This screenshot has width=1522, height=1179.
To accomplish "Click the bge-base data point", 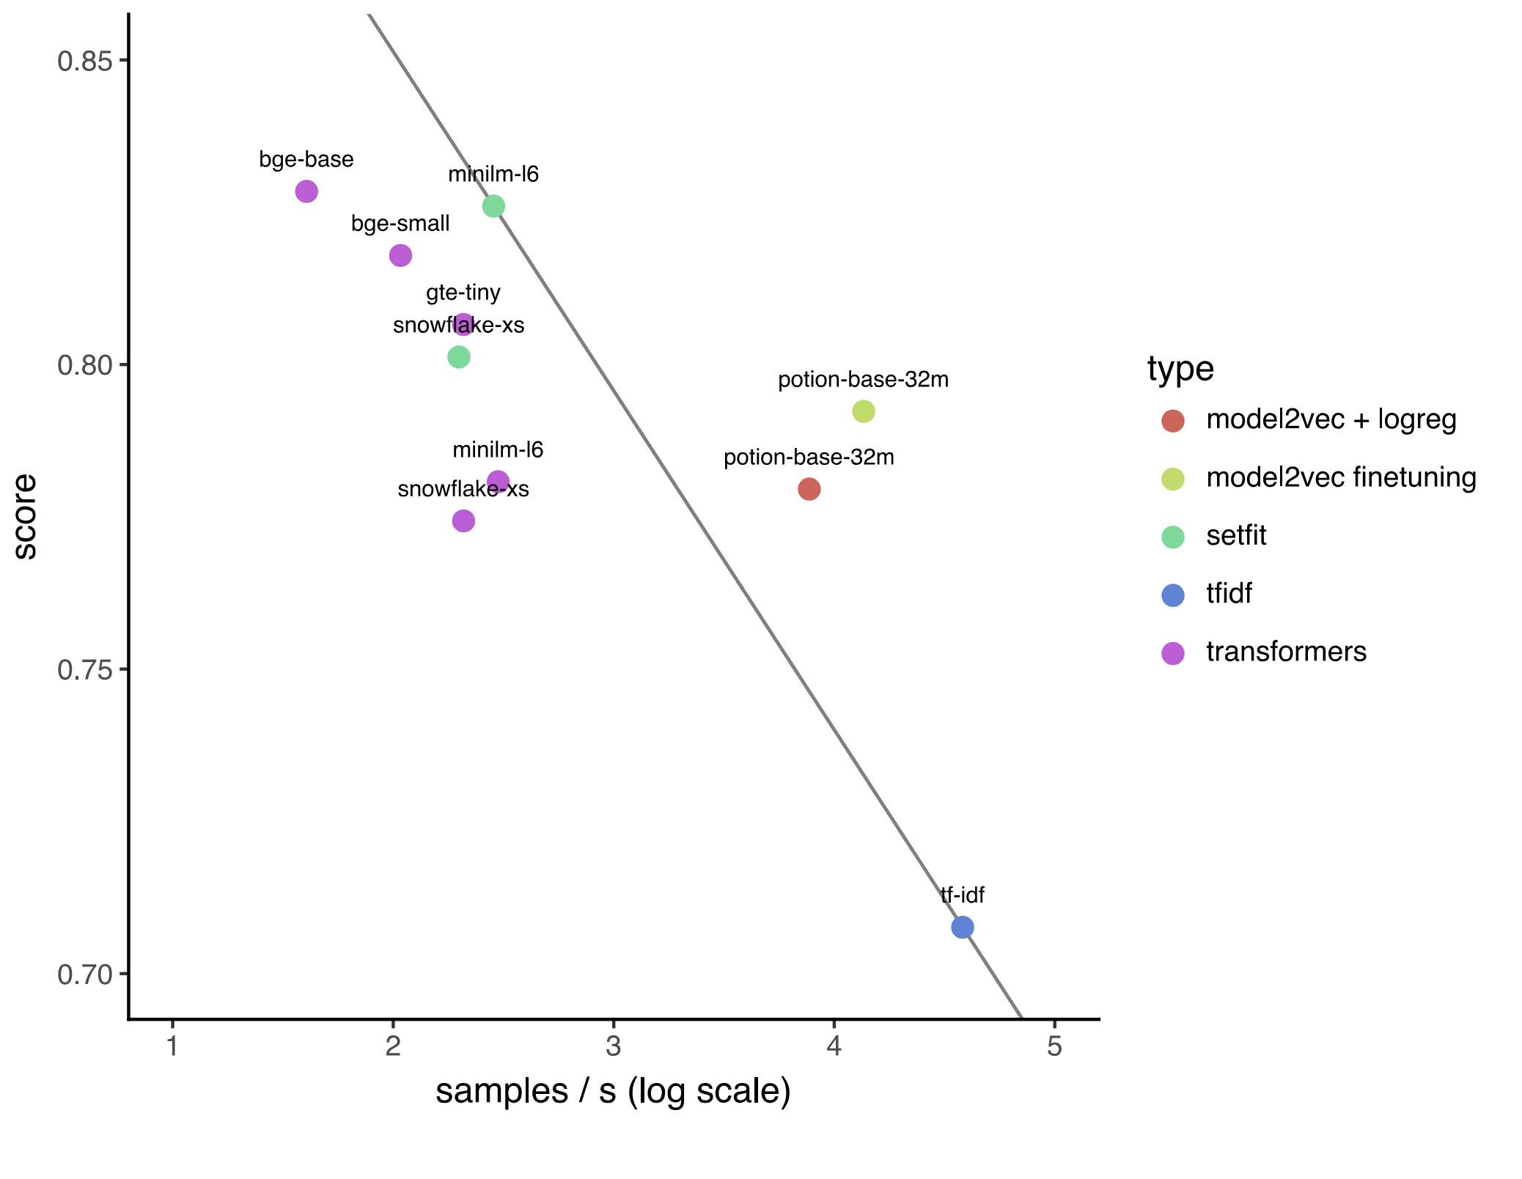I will [306, 191].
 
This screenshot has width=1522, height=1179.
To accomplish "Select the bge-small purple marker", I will [400, 255].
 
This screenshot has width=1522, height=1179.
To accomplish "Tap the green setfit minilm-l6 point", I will [493, 206].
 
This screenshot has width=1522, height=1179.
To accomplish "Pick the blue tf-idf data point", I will [962, 927].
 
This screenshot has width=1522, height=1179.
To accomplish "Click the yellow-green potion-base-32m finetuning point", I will [864, 411].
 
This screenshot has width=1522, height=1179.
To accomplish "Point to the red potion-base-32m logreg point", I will [809, 489].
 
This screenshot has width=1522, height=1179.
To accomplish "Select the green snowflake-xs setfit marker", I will [458, 357].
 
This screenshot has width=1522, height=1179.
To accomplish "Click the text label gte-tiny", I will [463, 293].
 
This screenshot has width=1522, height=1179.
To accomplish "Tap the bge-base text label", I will [306, 159].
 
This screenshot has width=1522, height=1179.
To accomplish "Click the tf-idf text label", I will [962, 895].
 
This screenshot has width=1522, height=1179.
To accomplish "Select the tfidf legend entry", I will [1229, 593].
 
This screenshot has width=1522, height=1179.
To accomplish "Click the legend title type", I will [1180, 368].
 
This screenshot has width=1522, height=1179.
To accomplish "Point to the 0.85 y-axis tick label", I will [85, 61].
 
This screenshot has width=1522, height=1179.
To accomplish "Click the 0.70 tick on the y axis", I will [85, 974].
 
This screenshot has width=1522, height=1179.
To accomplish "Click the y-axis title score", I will [26, 516].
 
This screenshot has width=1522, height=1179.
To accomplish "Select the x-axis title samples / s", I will [613, 1091].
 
